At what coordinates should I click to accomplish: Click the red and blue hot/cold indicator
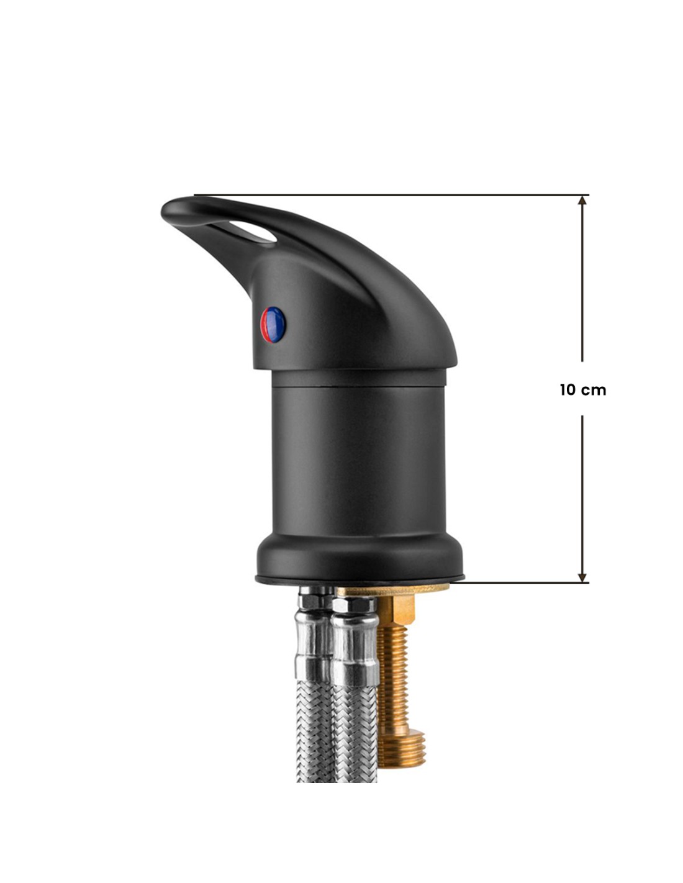(x=273, y=325)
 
